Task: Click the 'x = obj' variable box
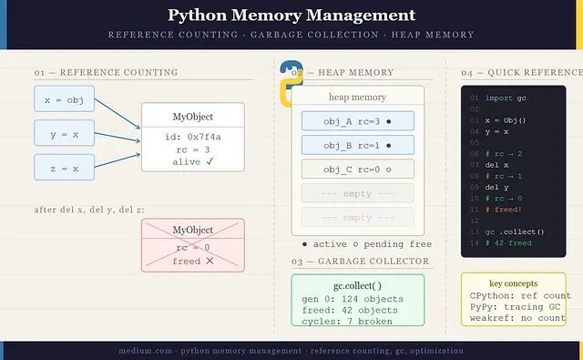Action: [x=65, y=99]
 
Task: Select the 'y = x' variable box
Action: [x=65, y=133]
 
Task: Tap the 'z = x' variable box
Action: [x=65, y=168]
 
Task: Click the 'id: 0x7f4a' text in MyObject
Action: [x=193, y=137]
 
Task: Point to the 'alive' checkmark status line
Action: [x=193, y=162]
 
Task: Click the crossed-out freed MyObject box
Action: [x=193, y=245]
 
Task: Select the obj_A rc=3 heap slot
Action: [x=358, y=121]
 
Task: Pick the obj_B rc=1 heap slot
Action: [x=358, y=145]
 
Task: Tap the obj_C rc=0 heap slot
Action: [x=358, y=170]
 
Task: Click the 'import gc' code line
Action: [x=506, y=98]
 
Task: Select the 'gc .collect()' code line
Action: [x=515, y=232]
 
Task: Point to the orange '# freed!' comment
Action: [x=504, y=210]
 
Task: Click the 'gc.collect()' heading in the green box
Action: [x=357, y=285]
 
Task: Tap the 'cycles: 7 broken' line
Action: [x=347, y=322]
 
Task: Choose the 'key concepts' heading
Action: [x=514, y=283]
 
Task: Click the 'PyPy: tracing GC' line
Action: [x=515, y=307]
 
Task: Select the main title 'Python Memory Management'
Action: [x=291, y=15]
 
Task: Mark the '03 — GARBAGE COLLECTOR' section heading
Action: [x=361, y=262]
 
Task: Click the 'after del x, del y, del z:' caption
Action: [x=89, y=210]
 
